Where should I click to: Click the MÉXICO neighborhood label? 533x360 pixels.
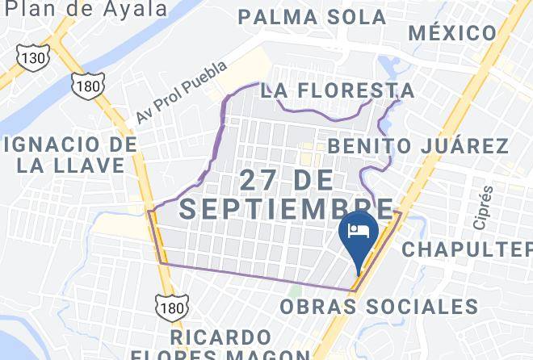tap(452, 33)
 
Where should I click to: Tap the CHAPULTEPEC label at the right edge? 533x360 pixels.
tap(468, 249)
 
